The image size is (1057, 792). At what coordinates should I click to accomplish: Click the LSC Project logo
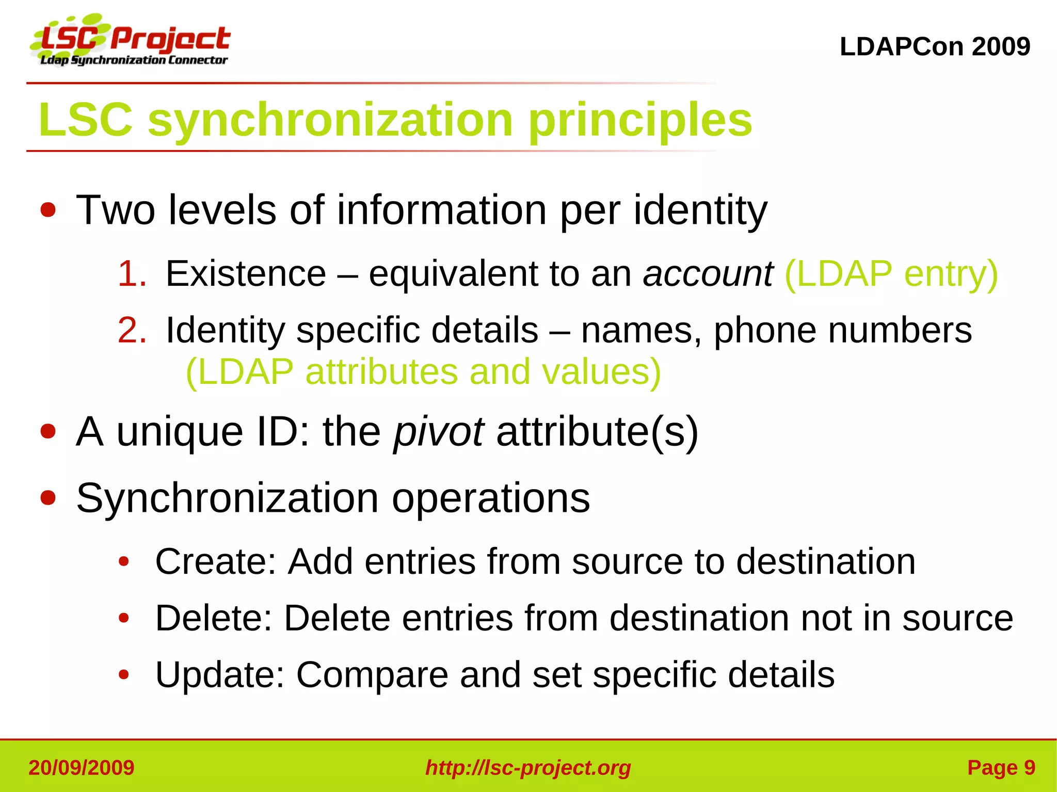click(131, 41)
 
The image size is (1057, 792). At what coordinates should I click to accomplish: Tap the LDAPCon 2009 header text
click(935, 47)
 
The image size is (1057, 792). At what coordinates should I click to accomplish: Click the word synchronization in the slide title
click(330, 120)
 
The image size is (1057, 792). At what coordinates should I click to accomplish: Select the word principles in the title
click(640, 120)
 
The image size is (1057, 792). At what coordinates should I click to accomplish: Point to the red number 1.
click(132, 273)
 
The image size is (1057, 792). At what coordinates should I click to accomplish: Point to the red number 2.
click(132, 330)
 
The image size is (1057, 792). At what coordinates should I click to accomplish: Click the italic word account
click(708, 273)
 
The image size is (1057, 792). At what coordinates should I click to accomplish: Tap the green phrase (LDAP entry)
click(891, 273)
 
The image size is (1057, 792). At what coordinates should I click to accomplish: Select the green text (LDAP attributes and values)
click(423, 371)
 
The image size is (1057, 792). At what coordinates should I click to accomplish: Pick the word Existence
click(246, 273)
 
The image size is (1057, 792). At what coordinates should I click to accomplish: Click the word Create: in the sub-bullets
click(216, 561)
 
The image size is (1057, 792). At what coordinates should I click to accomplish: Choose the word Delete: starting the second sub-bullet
click(214, 618)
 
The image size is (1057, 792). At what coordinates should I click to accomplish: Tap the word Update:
click(220, 675)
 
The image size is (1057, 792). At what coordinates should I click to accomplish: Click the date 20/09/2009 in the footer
click(82, 768)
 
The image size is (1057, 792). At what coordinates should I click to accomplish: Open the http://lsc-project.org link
click(528, 768)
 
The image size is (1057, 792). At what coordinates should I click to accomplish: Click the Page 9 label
click(1001, 768)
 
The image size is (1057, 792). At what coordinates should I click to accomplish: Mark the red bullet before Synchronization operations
click(48, 498)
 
